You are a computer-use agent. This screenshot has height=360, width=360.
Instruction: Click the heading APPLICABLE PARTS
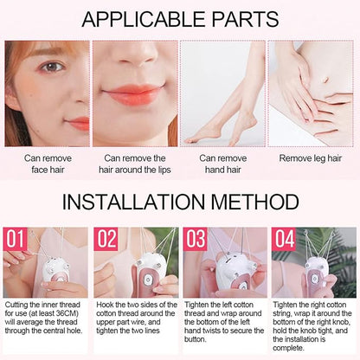(180, 18)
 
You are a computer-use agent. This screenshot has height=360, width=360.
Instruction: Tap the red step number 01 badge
(16, 238)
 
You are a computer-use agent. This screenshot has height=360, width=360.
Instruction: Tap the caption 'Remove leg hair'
(313, 158)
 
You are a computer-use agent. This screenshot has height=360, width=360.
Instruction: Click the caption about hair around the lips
(135, 164)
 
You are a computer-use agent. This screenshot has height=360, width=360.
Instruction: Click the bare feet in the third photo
(216, 132)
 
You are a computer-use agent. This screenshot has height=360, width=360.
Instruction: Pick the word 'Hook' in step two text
(105, 305)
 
